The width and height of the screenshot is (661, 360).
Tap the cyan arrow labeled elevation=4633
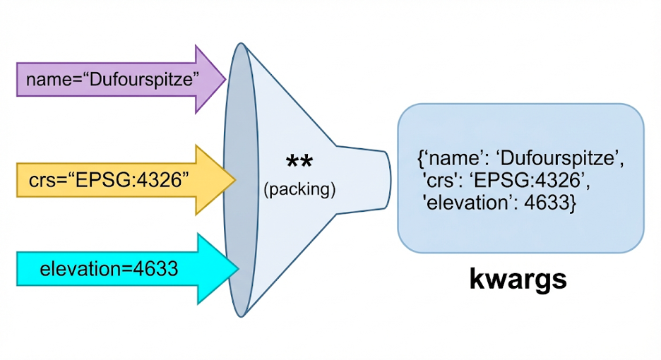click(113, 269)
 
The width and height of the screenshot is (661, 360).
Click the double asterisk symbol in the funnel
click(299, 164)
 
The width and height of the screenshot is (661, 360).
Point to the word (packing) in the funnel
click(299, 189)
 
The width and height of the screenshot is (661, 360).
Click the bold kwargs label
click(518, 280)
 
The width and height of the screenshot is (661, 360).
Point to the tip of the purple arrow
click(225, 79)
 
